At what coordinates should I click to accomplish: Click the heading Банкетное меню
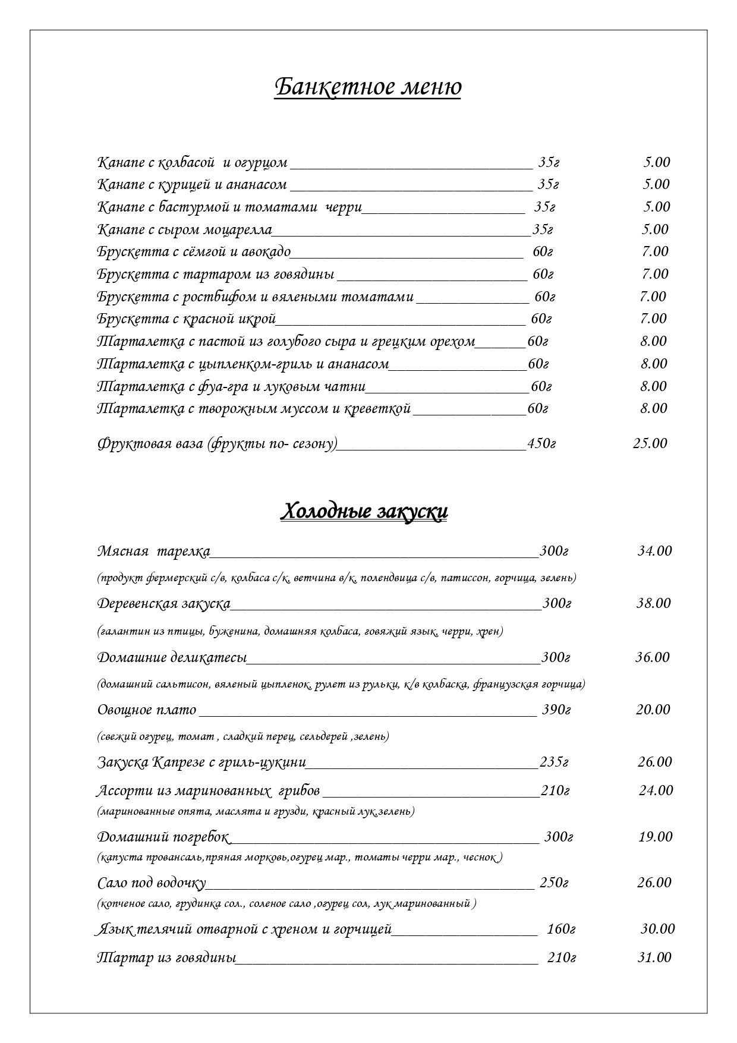(x=367, y=87)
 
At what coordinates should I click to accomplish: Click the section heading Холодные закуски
(x=364, y=512)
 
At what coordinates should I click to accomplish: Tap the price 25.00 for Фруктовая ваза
(x=650, y=443)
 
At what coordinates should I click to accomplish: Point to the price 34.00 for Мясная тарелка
(x=654, y=551)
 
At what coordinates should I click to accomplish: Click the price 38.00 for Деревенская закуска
(x=653, y=604)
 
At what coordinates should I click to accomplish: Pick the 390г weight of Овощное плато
(x=556, y=710)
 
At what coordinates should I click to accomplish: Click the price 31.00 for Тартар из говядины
(x=654, y=957)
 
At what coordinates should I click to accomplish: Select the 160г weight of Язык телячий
(x=560, y=929)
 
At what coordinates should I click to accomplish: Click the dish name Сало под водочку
(x=152, y=883)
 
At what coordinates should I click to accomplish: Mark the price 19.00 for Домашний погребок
(x=655, y=837)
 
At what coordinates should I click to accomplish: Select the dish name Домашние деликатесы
(x=171, y=658)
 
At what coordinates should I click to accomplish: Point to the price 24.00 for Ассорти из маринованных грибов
(x=656, y=790)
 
